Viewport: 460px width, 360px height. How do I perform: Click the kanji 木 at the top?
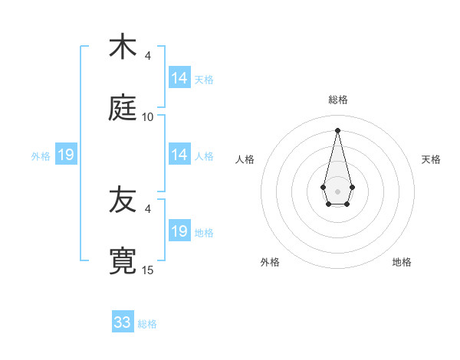(123, 47)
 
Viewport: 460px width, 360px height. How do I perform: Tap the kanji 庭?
(123, 108)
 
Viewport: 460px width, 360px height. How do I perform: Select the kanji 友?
(123, 200)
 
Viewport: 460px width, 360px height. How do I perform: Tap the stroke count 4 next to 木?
(147, 56)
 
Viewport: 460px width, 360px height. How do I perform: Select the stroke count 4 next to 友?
(147, 208)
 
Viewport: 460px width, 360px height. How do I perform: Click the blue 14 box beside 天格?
(179, 78)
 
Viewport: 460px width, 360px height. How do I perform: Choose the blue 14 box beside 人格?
(179, 155)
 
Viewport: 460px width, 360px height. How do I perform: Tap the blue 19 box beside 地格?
(179, 231)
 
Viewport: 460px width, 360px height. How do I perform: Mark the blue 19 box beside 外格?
(66, 155)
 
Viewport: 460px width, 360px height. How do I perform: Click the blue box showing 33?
(123, 322)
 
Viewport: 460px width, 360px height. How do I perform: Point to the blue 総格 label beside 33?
(147, 324)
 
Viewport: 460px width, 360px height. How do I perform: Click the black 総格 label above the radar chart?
(337, 100)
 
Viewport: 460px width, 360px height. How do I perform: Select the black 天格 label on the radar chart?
(431, 159)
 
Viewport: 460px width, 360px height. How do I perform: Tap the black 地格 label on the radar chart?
(402, 262)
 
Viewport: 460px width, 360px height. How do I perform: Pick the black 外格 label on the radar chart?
(270, 262)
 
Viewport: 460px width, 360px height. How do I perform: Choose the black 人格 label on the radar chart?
(245, 159)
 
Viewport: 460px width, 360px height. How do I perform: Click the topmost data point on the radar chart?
(337, 129)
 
